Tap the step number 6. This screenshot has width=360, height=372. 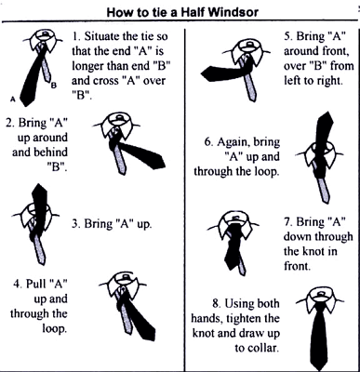click(x=209, y=142)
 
